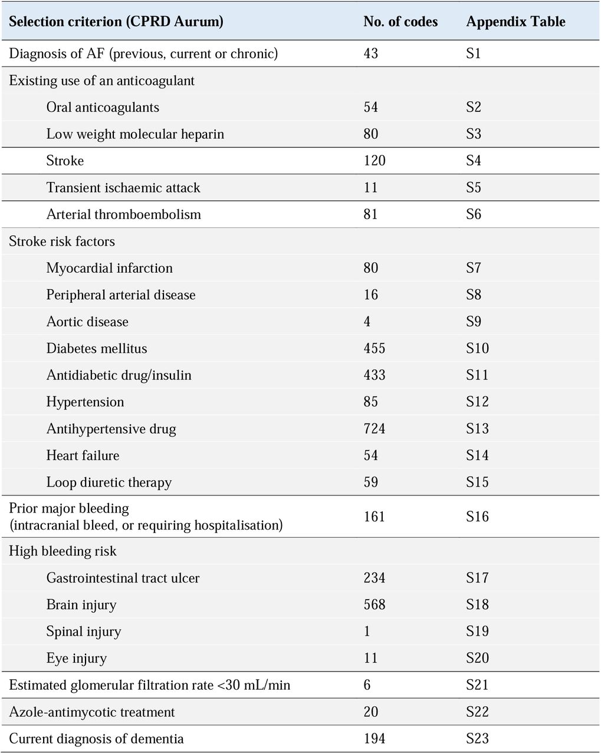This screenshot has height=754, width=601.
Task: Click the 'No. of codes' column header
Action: (400, 22)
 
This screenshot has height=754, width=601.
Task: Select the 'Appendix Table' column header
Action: (515, 22)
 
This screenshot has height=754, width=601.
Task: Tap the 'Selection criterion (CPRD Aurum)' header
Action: (116, 22)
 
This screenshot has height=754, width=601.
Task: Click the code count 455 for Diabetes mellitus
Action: (375, 348)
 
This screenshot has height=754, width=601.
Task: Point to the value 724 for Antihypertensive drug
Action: (375, 428)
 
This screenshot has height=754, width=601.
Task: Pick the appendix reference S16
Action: (477, 517)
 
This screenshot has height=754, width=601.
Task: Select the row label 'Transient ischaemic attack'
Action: (123, 187)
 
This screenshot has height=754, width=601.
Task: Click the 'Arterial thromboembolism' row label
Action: (123, 214)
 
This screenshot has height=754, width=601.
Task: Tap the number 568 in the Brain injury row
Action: (375, 604)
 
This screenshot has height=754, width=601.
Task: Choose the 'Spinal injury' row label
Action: (84, 631)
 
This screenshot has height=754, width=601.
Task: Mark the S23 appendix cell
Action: (477, 739)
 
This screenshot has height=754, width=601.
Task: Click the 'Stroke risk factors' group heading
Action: (62, 241)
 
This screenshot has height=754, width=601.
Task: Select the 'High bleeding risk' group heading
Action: (63, 551)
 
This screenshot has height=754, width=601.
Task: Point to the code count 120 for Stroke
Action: (375, 160)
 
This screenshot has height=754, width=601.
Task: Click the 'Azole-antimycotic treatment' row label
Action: (91, 712)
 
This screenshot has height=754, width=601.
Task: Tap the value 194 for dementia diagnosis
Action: (375, 739)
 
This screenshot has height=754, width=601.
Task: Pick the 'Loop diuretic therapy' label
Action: (109, 482)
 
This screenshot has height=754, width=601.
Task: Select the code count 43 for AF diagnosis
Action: (370, 54)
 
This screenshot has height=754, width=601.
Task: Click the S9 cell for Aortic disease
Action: (473, 321)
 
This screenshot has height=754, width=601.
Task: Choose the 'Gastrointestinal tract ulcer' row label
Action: (123, 578)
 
